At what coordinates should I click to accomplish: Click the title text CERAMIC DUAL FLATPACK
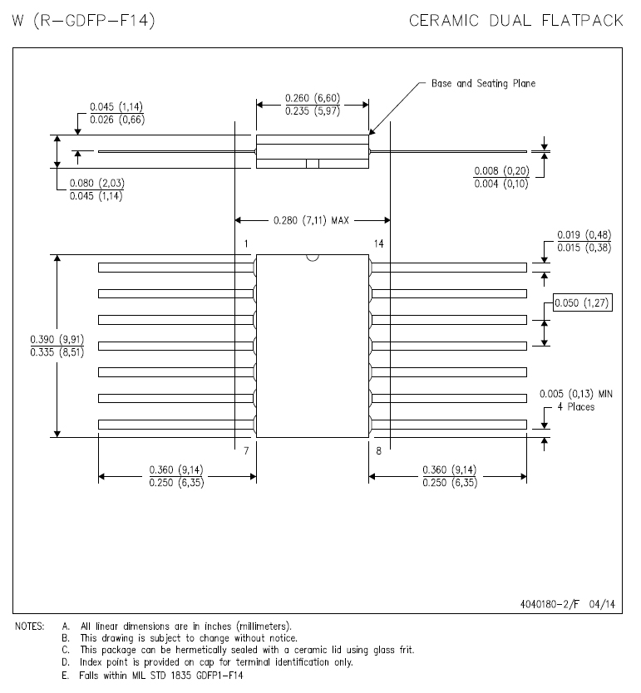(516, 20)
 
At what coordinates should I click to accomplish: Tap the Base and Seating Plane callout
(483, 83)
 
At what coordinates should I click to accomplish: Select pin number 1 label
(247, 243)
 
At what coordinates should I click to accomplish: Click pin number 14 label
(379, 243)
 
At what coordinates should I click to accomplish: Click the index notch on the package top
(313, 258)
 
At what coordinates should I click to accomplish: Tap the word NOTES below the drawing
(29, 626)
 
